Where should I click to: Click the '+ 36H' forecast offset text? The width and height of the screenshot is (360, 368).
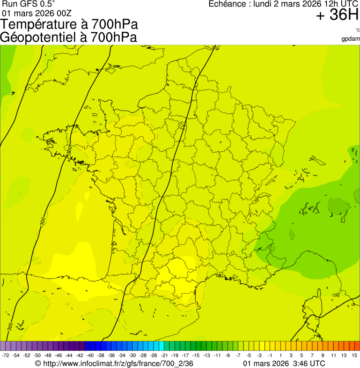click(337, 15)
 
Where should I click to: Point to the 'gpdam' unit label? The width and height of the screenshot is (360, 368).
click(351, 38)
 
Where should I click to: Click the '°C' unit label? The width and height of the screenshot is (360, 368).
click(357, 30)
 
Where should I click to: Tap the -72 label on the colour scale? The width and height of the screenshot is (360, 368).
click(6, 356)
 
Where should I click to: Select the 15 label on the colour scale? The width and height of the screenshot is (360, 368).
click(355, 356)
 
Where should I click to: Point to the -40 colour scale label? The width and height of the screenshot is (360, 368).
click(90, 356)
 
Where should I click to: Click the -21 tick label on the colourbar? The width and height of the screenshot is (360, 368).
click(164, 356)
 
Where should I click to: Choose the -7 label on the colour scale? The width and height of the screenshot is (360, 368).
click(238, 356)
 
